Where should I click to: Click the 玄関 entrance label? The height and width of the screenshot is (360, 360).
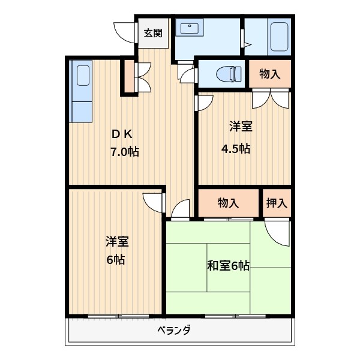tap(152, 34)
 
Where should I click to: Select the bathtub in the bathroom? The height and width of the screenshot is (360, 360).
tap(279, 36)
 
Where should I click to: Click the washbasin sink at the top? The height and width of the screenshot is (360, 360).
tap(190, 28)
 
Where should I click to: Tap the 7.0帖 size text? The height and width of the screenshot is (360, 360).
tap(124, 152)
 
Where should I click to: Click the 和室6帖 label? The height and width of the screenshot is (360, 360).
tap(228, 265)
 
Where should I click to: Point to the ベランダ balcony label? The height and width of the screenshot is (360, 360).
tap(174, 331)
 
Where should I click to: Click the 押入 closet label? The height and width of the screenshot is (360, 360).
tap(277, 203)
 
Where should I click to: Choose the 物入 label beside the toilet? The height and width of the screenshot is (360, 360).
tap(269, 74)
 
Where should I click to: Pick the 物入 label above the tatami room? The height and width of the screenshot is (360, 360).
tap(228, 203)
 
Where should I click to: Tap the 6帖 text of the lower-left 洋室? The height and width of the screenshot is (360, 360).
tap(116, 260)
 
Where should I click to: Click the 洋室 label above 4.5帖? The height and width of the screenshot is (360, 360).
tap(240, 127)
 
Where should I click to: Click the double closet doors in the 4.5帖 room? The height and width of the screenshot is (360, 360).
tap(271, 98)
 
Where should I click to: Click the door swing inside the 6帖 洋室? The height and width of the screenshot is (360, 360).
tap(154, 203)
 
